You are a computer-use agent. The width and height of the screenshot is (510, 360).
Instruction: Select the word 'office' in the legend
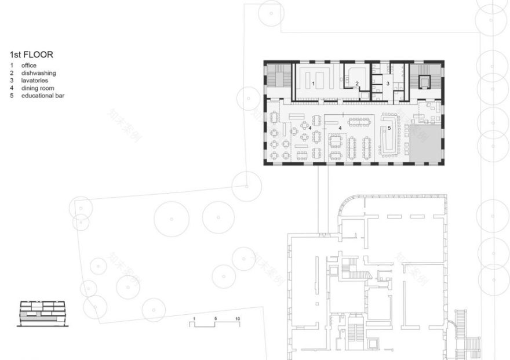click(29, 66)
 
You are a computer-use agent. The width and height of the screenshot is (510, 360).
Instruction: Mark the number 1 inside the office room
click(314, 85)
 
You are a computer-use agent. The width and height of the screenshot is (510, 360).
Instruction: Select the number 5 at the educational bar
click(389, 128)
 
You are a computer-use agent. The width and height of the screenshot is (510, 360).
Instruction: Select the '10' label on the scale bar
click(238, 319)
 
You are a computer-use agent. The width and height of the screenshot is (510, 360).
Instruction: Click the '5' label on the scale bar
click(215, 319)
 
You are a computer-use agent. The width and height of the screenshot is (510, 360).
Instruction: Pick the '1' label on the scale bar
click(195, 319)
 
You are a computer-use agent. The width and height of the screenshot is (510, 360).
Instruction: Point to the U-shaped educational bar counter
click(388, 140)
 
